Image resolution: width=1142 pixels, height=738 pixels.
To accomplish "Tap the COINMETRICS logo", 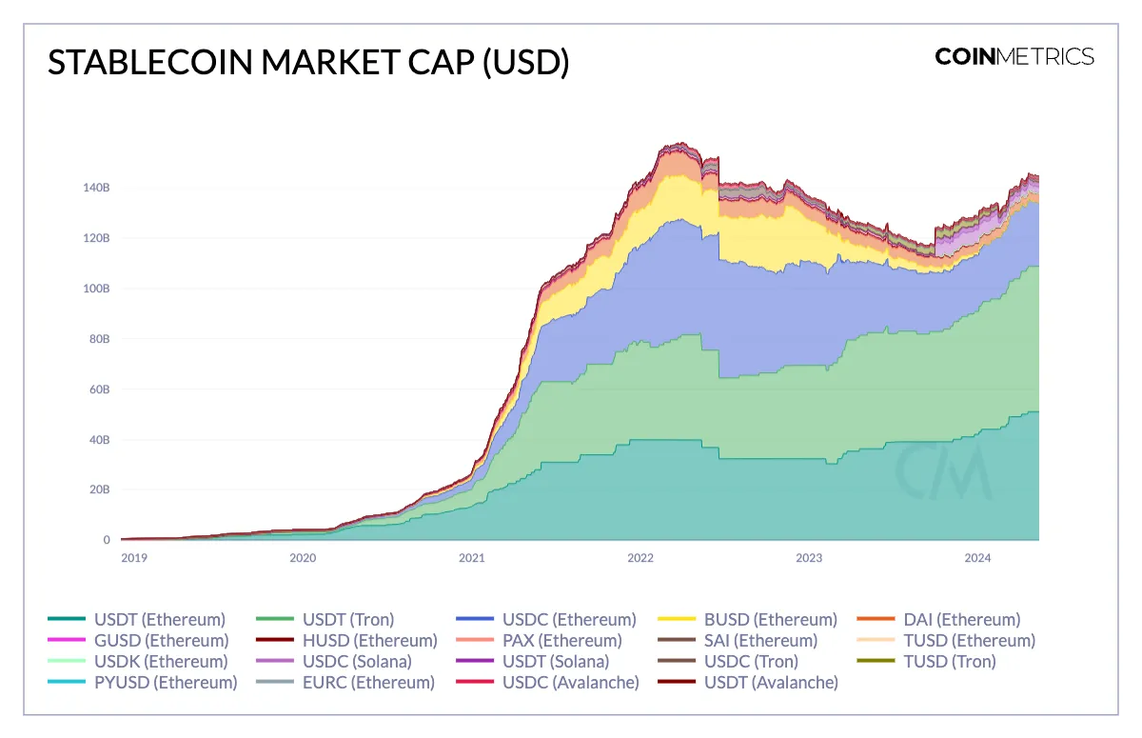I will [1014, 56].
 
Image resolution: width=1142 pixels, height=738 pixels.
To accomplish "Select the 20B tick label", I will [100, 490].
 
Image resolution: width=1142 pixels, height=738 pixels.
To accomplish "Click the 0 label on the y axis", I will [106, 541].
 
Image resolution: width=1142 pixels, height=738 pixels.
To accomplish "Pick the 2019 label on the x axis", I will [134, 558].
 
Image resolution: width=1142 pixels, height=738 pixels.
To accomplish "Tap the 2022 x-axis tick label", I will [640, 558].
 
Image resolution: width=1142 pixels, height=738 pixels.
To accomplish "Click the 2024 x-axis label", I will [977, 558].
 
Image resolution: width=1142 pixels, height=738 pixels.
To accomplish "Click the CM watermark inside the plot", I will [942, 471].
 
